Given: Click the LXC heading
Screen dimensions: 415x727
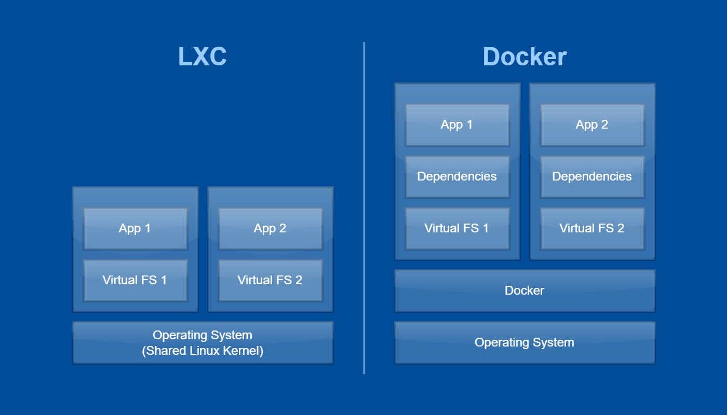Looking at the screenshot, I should [x=203, y=57].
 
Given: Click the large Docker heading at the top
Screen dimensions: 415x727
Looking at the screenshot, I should [x=524, y=57].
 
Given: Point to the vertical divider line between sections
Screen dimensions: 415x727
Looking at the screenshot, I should [x=364, y=208].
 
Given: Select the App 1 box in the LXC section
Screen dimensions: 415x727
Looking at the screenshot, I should [x=135, y=228].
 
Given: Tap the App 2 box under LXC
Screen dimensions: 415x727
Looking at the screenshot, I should [x=270, y=228].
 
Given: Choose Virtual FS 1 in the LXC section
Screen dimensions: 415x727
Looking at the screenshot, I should [x=135, y=280].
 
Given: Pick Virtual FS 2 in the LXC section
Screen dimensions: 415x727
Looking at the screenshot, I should [x=270, y=280].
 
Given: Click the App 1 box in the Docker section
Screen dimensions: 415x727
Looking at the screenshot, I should [x=457, y=125].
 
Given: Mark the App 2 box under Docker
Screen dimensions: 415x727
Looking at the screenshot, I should [x=592, y=125].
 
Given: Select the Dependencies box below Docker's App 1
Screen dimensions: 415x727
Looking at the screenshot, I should [x=457, y=176].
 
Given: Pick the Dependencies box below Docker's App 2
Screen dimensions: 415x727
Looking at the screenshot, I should [x=592, y=176].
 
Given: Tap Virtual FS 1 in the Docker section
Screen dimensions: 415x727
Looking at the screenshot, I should [x=457, y=228].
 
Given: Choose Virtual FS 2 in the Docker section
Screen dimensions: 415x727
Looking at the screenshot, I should [x=592, y=228].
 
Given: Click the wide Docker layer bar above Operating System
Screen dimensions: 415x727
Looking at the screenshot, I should [x=524, y=290].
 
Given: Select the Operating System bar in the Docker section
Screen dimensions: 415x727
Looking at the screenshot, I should [x=524, y=342].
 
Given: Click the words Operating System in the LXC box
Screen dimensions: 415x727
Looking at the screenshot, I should [x=203, y=335].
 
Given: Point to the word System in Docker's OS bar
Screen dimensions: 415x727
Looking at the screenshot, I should [x=554, y=342].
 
